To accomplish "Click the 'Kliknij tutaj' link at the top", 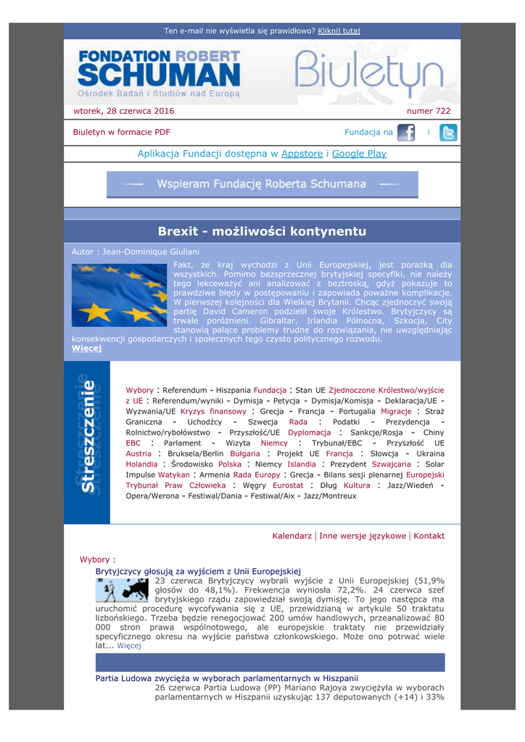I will [339, 31].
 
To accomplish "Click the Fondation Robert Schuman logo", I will [159, 73].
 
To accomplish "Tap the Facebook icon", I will [406, 133].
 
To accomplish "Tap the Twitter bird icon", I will [449, 133].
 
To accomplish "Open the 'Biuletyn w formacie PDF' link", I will [121, 132].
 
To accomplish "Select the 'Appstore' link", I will [302, 154].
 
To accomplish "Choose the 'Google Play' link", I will [359, 154].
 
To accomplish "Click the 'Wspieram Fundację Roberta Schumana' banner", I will [262, 184].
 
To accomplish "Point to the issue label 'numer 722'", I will [429, 111].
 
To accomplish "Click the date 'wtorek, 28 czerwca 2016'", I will [124, 111].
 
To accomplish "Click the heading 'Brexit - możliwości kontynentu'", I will [262, 231].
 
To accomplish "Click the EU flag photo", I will [119, 294].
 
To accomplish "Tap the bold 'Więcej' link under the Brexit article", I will [87, 349].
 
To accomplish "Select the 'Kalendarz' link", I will [292, 535].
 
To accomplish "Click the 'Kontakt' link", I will [429, 535].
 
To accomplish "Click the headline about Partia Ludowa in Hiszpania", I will [227, 678].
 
